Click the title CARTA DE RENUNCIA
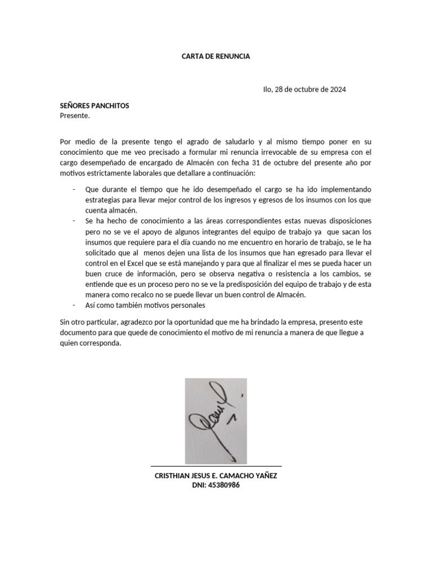coord(216,57)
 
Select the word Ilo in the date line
coord(267,89)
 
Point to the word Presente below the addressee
coord(74,116)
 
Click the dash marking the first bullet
coord(74,190)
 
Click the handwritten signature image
coord(216,421)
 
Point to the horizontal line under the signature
coord(216,466)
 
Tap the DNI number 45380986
coord(224,485)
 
